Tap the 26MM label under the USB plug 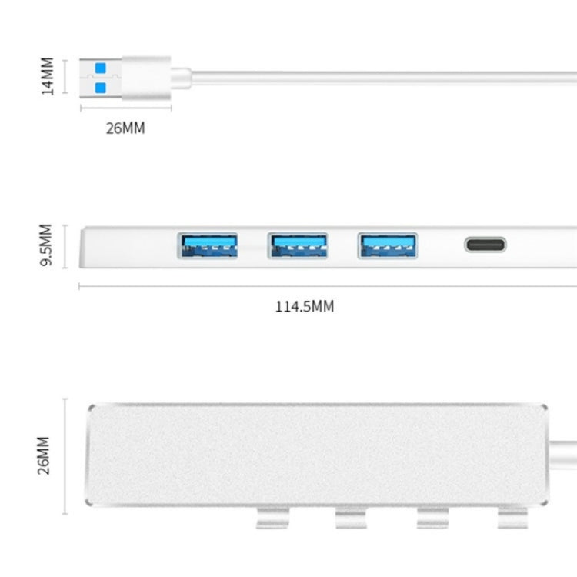tap(125, 128)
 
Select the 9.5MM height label tap(46, 245)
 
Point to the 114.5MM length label tap(305, 307)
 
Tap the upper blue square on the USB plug tap(98, 68)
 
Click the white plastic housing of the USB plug tap(146, 77)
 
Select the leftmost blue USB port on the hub tap(208, 245)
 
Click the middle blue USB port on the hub tap(298, 245)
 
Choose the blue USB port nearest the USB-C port tap(388, 245)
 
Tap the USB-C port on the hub tap(485, 245)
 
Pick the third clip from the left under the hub tap(432, 519)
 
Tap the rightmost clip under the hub tap(512, 519)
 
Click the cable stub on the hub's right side tap(564, 445)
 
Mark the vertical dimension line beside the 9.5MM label tap(65, 246)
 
